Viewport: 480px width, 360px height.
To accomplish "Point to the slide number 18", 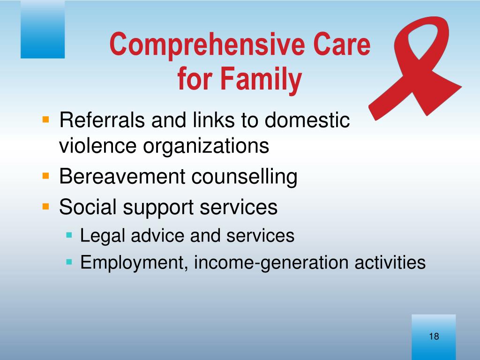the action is pos(434,337).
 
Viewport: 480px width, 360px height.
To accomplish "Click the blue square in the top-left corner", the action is pos(43,30).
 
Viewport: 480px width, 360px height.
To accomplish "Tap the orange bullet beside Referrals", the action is pos(45,120).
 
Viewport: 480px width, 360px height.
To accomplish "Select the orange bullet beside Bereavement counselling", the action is pos(45,176).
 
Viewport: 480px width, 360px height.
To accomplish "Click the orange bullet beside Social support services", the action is pos(45,206).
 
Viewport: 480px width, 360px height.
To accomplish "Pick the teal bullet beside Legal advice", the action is pos(69,235).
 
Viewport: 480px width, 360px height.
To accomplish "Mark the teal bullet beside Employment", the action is pos(69,262).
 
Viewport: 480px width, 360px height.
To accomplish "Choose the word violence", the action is pos(97,146).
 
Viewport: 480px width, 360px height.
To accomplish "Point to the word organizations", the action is pos(206,147).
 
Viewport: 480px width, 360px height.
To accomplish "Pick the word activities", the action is pos(390,262).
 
